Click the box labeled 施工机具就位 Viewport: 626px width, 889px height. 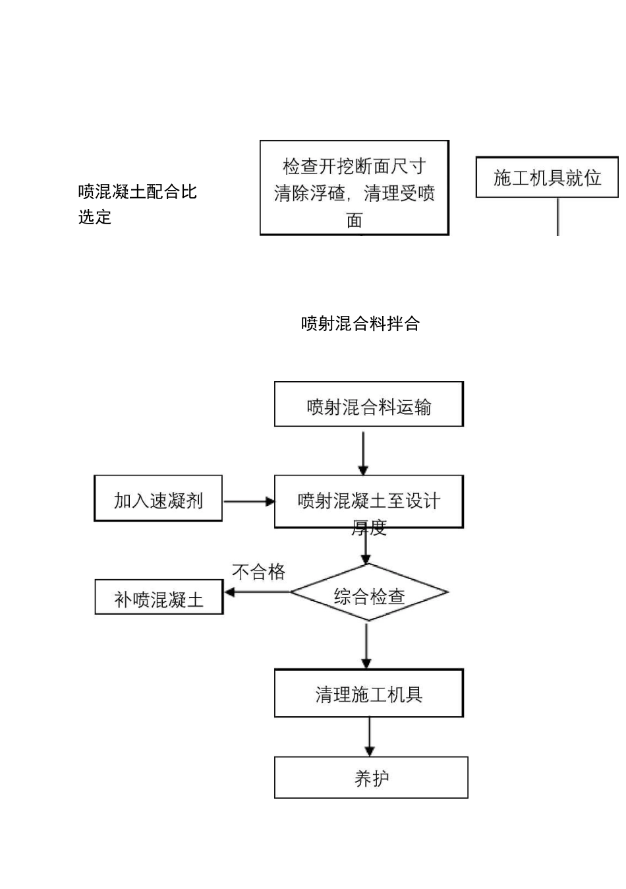tap(547, 177)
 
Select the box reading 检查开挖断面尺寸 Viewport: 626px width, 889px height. tap(354, 187)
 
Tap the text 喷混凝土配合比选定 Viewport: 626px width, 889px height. tap(137, 204)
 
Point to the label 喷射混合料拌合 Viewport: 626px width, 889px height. tap(360, 324)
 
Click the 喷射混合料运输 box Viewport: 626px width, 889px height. tap(368, 404)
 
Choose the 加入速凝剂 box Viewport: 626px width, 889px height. tap(158, 499)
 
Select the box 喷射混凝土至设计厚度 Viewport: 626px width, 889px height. tap(368, 502)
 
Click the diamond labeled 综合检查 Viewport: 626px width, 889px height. tap(369, 593)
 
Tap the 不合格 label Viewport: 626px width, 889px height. tap(258, 571)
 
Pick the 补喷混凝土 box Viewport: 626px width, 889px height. tap(159, 598)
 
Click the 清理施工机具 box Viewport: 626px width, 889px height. tap(368, 694)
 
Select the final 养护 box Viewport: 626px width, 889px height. tap(371, 778)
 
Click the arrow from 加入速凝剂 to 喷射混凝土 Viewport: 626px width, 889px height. tap(248, 501)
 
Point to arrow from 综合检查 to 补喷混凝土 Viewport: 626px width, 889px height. tap(257, 592)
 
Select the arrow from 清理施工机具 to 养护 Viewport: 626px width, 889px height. tap(369, 737)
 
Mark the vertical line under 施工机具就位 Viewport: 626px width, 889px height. tap(558, 216)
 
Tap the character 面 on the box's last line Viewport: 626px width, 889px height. tap(355, 220)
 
